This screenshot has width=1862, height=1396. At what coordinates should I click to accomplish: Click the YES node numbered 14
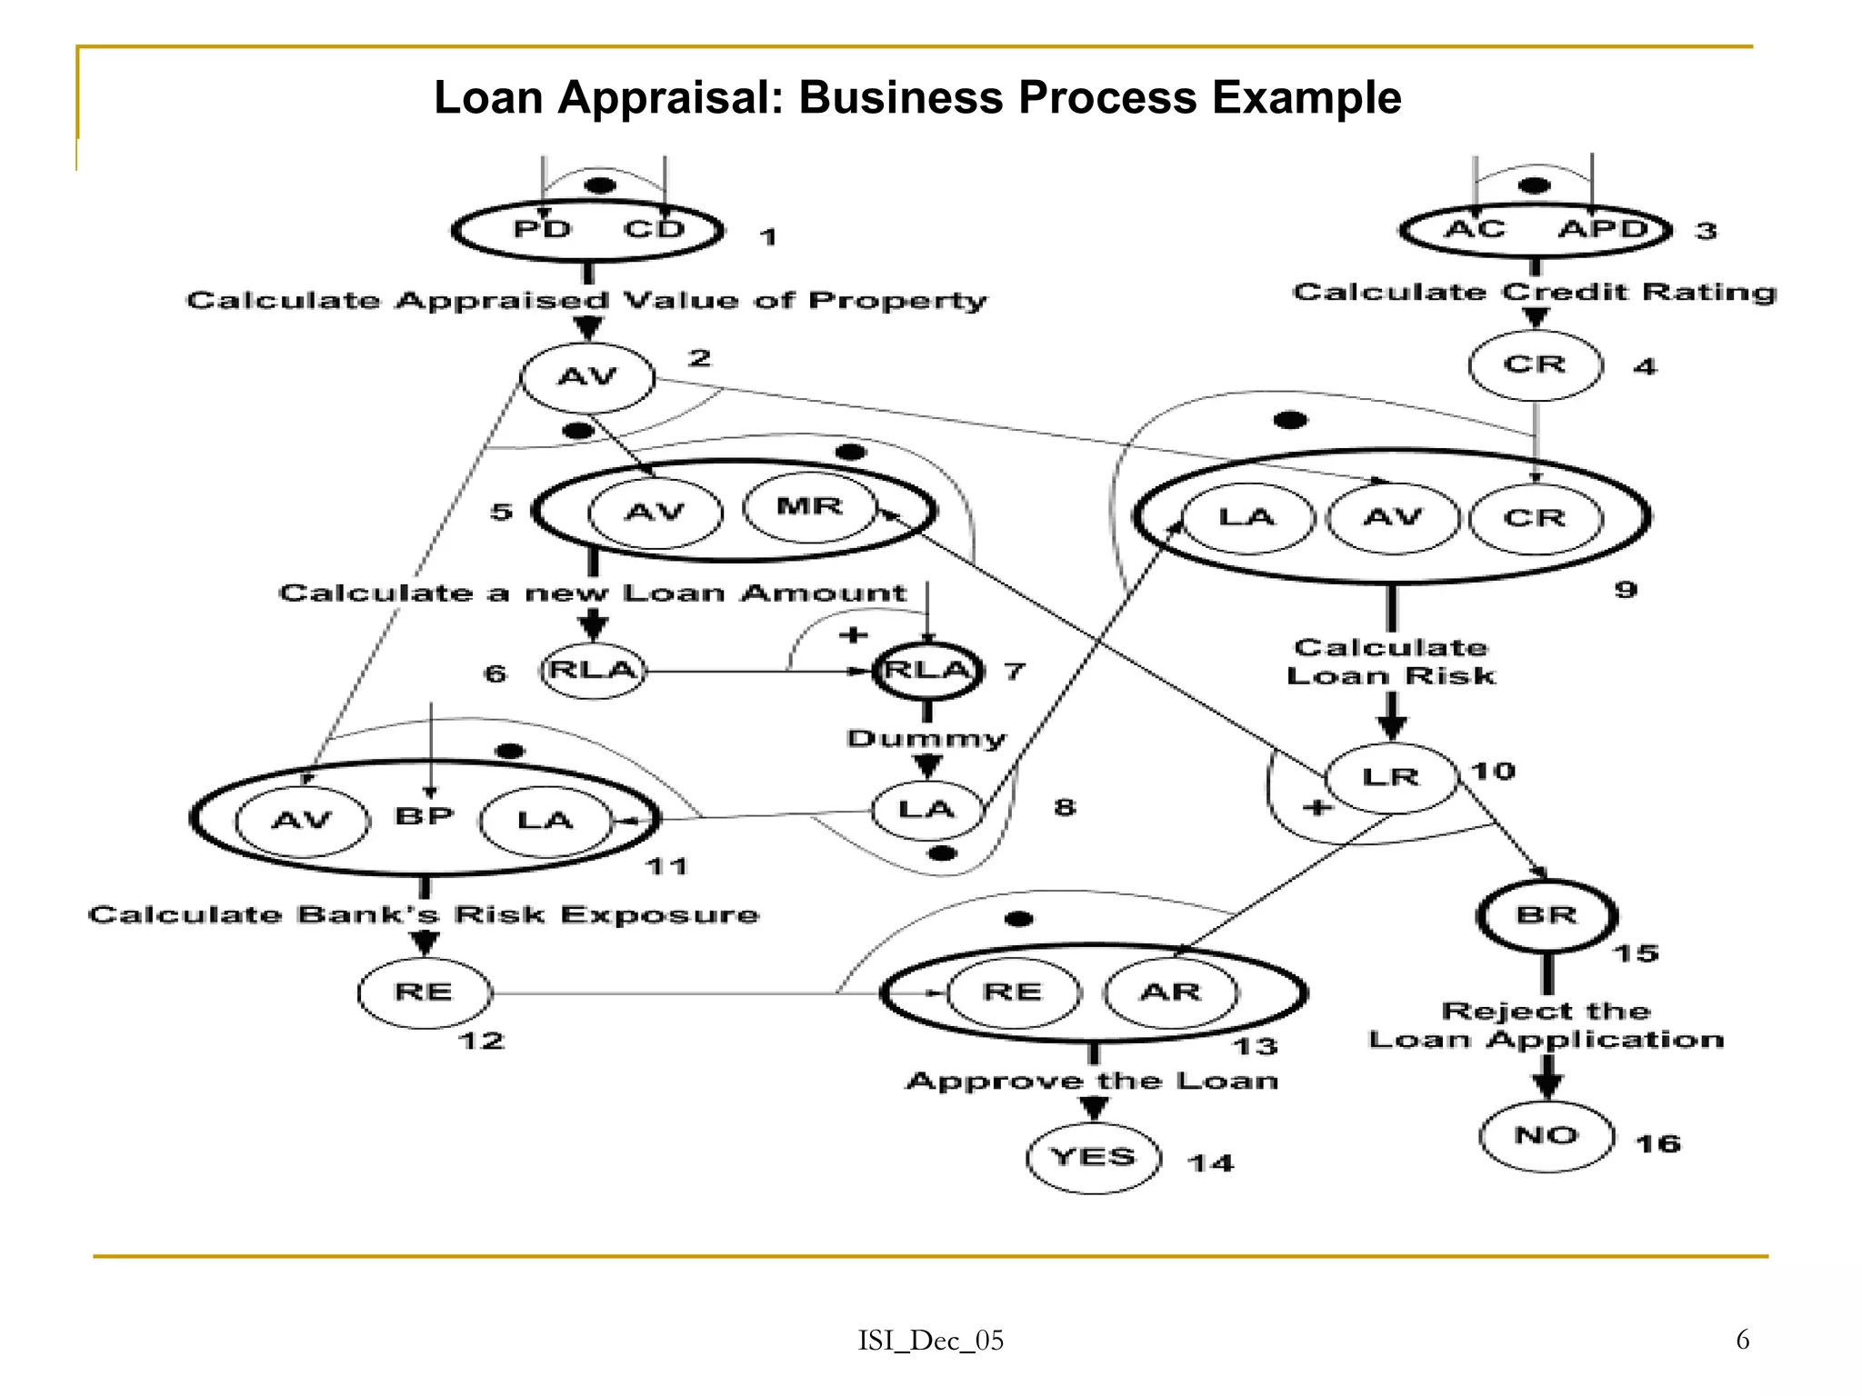[x=1094, y=1157]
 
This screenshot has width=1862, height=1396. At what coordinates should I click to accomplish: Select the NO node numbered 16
[x=1546, y=1135]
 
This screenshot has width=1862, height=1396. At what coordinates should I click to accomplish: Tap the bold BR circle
[x=1547, y=916]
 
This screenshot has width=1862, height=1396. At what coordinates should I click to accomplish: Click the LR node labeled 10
[x=1391, y=777]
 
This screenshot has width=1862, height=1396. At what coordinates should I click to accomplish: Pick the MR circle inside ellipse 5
[x=809, y=507]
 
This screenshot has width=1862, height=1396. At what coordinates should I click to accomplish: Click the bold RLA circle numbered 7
[x=927, y=671]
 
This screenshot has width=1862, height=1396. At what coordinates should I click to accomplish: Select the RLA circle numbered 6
[x=593, y=671]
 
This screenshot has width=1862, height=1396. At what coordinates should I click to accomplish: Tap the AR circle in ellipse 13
[x=1170, y=992]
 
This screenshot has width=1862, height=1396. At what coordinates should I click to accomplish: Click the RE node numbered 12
[x=425, y=992]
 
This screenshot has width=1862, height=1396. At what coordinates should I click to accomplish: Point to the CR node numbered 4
[x=1535, y=365]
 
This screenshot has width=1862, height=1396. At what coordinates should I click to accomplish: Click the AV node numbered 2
[x=587, y=377]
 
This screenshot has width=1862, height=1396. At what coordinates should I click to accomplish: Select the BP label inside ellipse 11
[x=425, y=816]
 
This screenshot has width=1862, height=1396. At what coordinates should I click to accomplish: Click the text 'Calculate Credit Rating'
[x=1534, y=293]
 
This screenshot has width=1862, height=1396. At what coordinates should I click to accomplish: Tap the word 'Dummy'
[x=926, y=738]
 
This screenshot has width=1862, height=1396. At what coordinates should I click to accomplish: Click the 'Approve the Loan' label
[x=1093, y=1082]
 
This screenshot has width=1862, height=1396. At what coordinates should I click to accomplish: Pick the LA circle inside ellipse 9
[x=1247, y=518]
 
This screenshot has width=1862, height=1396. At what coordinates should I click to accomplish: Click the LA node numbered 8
[x=926, y=809]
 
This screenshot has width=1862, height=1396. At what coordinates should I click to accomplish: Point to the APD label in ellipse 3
[x=1603, y=229]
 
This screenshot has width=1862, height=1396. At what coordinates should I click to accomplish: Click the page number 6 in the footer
[x=1742, y=1340]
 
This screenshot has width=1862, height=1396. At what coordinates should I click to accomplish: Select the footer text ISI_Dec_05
[x=931, y=1341]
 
